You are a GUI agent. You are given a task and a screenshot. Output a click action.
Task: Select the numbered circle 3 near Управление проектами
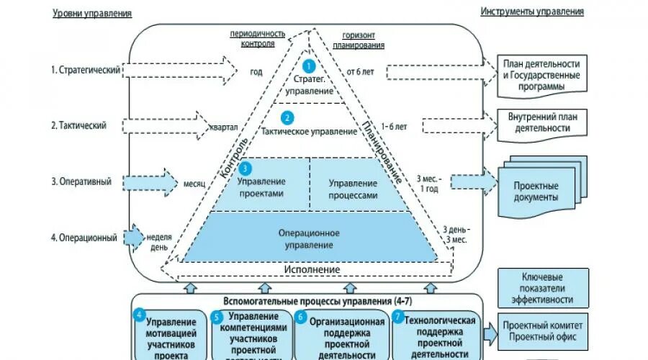[x=246, y=168]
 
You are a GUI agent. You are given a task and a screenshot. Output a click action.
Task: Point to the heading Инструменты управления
[x=532, y=12]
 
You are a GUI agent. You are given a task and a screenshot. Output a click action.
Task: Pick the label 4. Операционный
[x=84, y=238]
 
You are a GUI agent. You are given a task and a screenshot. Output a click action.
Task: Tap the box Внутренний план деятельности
[x=542, y=122]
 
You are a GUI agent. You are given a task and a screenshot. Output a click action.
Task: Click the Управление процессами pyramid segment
[x=353, y=189]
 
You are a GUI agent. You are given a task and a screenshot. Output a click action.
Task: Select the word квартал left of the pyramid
[x=223, y=127]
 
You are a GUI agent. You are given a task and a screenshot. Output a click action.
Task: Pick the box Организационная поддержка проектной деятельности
[x=341, y=334]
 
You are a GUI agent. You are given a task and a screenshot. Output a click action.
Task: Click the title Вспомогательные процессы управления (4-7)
[x=312, y=300]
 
